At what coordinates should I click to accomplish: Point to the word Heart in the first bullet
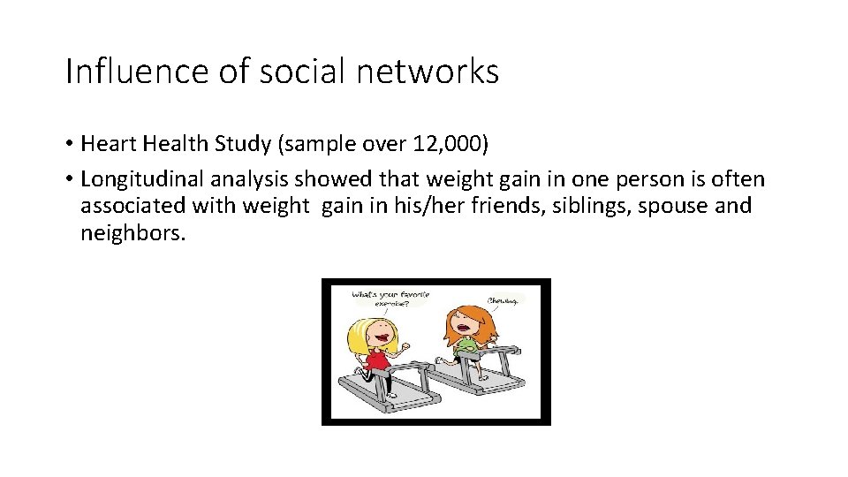[106, 144]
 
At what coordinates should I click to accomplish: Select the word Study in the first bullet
[234, 144]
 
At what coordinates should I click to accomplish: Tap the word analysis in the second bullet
[249, 179]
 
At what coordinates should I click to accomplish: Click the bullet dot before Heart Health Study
[69, 144]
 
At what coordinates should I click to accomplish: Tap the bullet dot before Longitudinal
[69, 179]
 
